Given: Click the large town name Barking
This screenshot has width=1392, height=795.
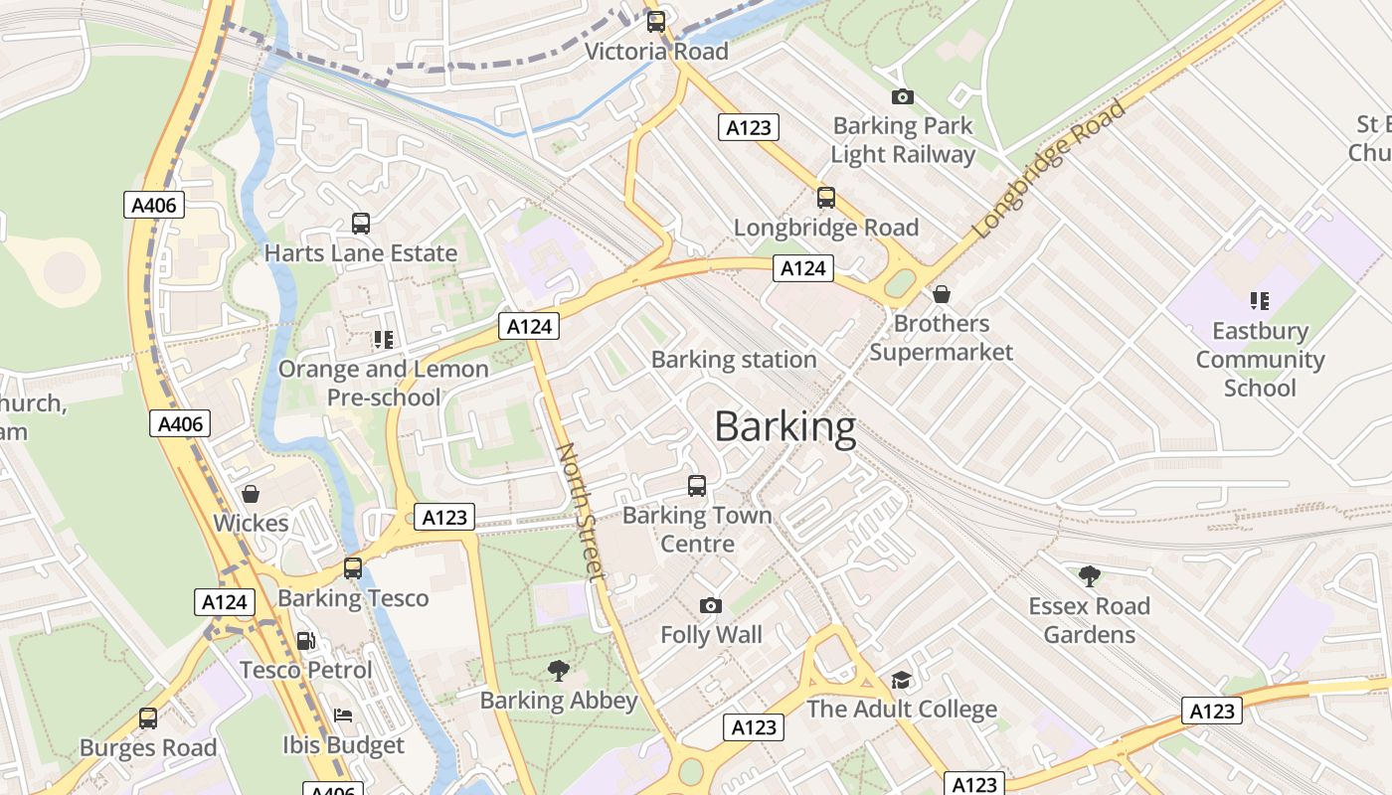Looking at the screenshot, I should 784,427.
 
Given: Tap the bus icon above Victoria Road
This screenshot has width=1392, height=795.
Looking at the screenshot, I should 656,22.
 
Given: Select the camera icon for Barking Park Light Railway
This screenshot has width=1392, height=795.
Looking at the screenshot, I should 902,96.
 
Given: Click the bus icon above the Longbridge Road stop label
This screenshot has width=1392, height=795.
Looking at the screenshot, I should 825,198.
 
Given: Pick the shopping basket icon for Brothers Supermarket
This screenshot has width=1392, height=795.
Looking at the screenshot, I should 941,294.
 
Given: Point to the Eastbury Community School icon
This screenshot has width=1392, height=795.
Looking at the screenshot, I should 1260,300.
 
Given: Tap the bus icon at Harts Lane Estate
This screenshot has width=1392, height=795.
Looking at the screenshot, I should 361,224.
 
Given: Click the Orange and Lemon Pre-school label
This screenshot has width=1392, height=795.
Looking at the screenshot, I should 384,383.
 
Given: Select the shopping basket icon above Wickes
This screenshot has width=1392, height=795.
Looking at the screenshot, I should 251,494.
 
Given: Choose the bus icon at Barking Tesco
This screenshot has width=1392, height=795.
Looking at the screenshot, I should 353,568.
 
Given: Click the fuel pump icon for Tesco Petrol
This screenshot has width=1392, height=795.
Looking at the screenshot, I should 306,641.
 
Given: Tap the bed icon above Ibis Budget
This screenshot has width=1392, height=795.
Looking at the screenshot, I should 343,715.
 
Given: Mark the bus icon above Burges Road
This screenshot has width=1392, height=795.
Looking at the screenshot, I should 148,717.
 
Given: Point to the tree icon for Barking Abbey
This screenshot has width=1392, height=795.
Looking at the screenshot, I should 559,671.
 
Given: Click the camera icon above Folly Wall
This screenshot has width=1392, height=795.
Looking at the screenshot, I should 710,605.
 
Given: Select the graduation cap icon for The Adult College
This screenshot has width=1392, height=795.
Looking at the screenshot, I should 901,680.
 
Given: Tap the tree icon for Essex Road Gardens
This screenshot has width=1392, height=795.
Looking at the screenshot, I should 1089,575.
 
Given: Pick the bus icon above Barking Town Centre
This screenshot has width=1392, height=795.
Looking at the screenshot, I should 697,486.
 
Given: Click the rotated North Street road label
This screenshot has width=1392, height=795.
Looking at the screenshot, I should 580,511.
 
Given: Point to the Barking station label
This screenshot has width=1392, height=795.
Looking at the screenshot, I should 734,360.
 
